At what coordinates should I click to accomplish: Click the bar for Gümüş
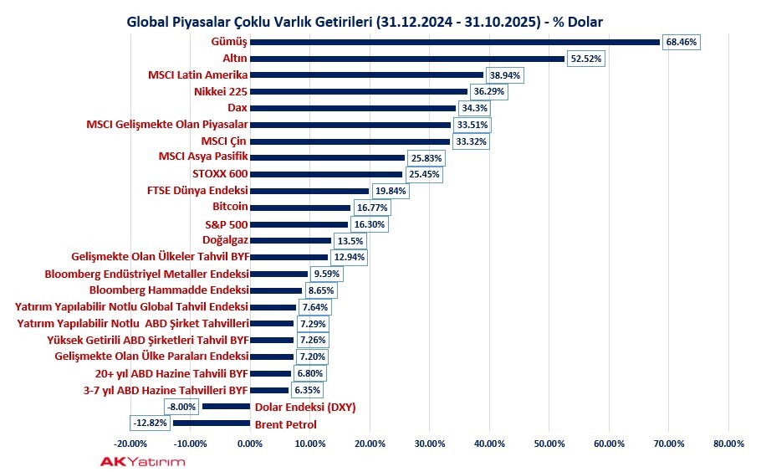tap(456, 41)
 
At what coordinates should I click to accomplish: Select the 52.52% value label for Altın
tap(585, 59)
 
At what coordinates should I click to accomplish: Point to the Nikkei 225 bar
tap(359, 91)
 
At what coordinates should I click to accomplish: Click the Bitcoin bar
tap(300, 208)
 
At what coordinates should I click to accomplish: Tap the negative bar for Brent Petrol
tap(212, 423)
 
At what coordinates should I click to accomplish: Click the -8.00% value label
tap(181, 407)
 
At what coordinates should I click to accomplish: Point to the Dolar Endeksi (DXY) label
tap(305, 407)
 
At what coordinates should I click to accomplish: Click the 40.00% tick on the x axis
tap(488, 444)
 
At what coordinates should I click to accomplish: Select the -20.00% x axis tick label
tap(130, 444)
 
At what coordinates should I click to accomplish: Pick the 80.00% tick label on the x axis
tap(728, 444)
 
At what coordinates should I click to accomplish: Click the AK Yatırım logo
tap(143, 461)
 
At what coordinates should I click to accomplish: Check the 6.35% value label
tap(305, 390)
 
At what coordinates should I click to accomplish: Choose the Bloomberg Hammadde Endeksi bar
tap(276, 290)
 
